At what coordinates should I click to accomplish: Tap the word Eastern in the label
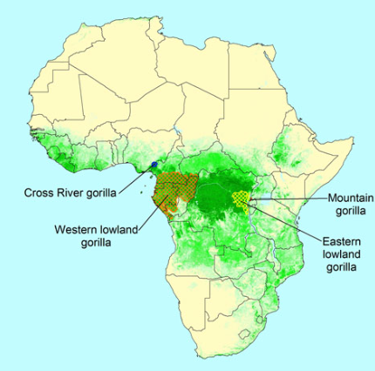(335, 241)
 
